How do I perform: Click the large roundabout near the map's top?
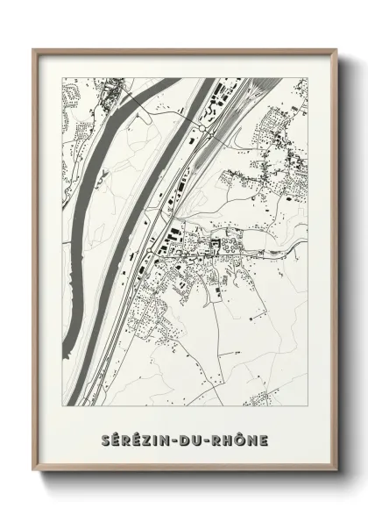204,125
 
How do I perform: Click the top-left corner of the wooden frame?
34,49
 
